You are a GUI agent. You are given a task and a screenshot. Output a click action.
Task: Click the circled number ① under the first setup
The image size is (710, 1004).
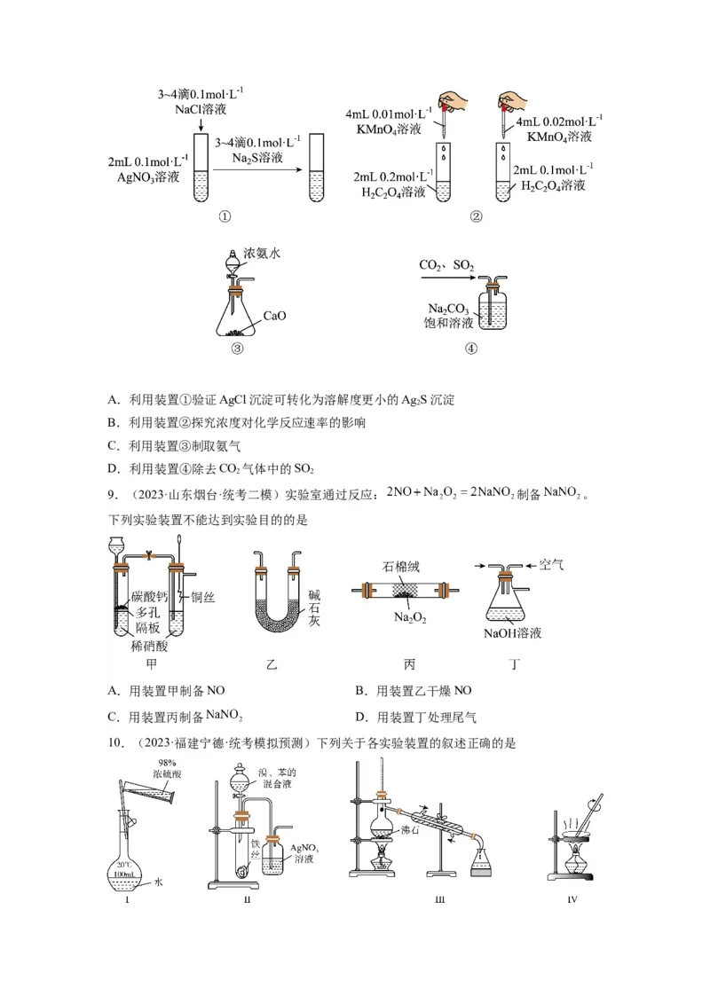point(225,216)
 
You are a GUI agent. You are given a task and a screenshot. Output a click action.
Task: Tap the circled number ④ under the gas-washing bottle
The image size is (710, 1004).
point(471,349)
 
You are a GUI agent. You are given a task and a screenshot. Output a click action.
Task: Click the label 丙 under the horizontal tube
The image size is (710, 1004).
point(409,663)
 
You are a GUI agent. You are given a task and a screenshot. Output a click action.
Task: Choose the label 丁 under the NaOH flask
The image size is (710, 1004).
point(515,663)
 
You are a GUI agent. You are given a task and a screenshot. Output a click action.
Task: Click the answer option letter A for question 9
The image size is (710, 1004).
point(113,691)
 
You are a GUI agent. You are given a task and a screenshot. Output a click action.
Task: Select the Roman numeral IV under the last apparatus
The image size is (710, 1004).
point(572,901)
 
